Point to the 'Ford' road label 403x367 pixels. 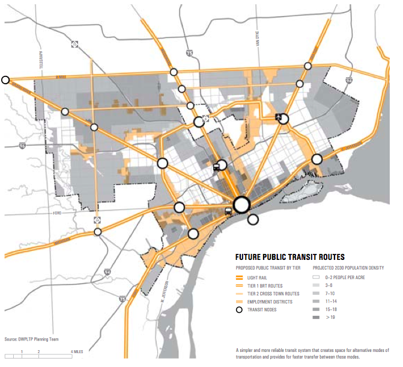click(58, 213)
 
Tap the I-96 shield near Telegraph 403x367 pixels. click(22, 146)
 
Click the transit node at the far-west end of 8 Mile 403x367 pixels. click(6, 79)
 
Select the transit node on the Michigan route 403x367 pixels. click(97, 231)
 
